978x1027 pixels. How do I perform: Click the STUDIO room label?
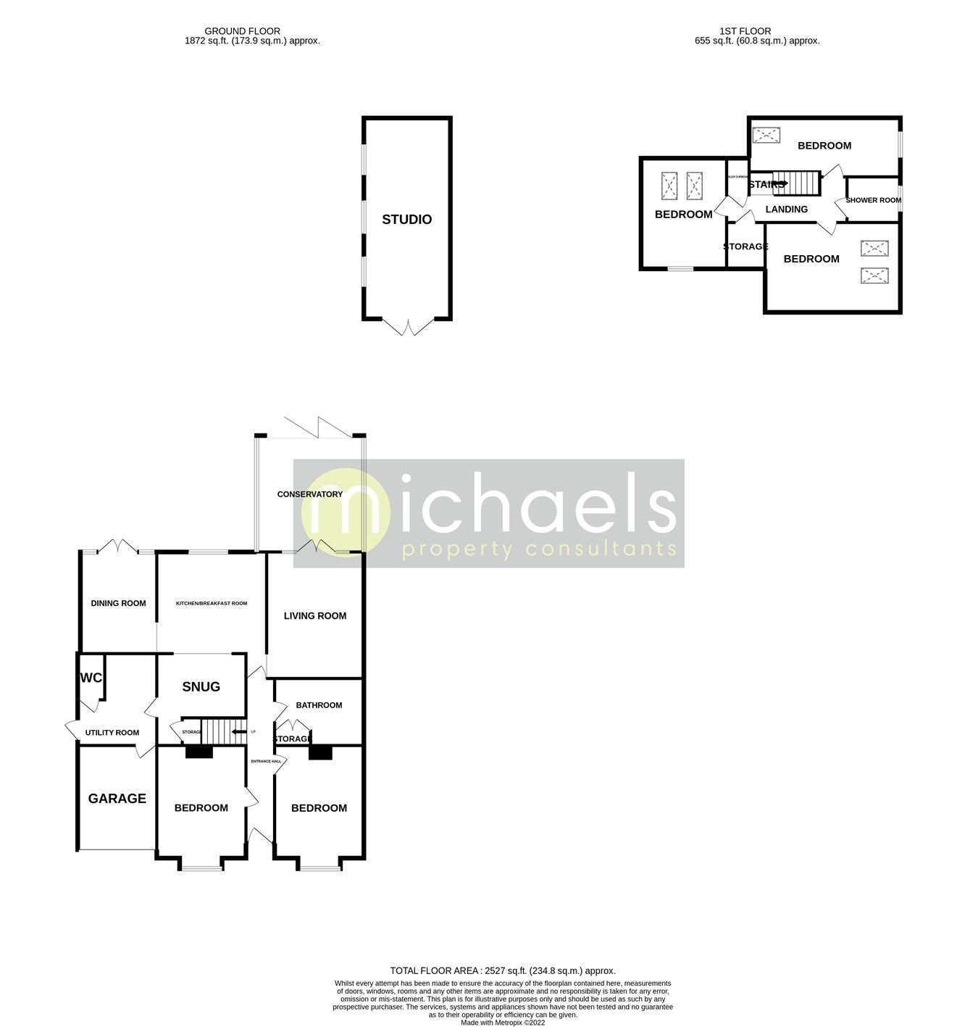(x=406, y=220)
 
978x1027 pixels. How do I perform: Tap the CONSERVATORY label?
(x=309, y=494)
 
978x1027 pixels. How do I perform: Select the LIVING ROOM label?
(x=314, y=616)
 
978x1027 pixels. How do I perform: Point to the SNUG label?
(x=201, y=686)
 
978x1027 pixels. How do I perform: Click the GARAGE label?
(x=117, y=799)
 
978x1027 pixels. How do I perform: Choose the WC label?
(x=91, y=678)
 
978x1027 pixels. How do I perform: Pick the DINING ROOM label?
(x=118, y=603)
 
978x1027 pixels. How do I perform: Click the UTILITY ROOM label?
(x=112, y=733)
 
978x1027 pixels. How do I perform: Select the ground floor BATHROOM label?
(x=319, y=705)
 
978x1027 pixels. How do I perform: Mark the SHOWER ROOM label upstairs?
(x=873, y=200)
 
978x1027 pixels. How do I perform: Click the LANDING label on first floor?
(x=786, y=209)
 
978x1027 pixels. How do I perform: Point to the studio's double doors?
(x=407, y=327)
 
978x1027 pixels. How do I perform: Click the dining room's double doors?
(x=118, y=546)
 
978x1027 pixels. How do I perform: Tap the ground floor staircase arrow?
(x=236, y=732)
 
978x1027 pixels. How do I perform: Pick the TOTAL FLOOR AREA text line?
(x=502, y=970)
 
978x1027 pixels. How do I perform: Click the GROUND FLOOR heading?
(x=242, y=31)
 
